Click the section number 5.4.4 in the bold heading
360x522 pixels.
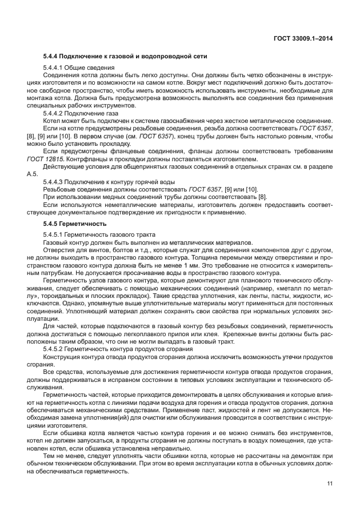[52, 56]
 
